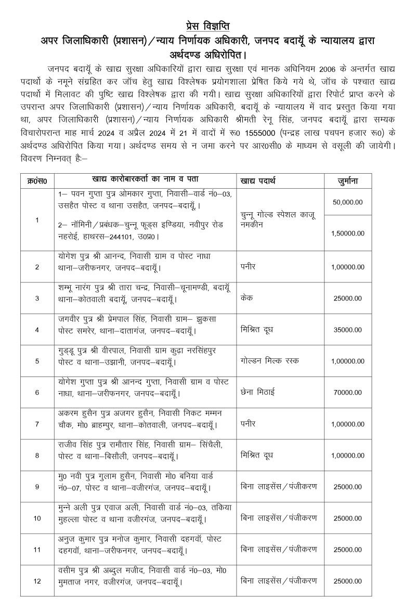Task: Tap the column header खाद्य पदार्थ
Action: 258,181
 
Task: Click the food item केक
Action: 247,298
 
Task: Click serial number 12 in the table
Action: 37,581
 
